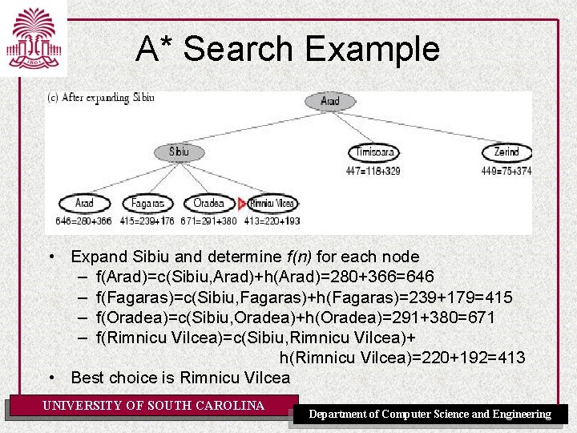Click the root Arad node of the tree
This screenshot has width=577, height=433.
(x=330, y=101)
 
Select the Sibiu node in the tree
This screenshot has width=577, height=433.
(x=180, y=152)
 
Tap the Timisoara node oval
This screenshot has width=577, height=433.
(x=374, y=152)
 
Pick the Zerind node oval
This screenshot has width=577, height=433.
(x=506, y=152)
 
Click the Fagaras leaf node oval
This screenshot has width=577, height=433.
(x=147, y=204)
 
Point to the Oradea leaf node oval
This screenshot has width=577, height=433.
(x=208, y=204)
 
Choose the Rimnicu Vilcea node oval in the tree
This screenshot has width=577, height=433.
(x=271, y=204)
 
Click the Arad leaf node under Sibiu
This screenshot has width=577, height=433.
(x=84, y=204)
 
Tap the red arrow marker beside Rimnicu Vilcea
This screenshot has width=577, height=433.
(x=241, y=204)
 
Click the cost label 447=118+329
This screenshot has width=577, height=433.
(x=374, y=171)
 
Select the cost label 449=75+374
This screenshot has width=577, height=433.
(x=506, y=171)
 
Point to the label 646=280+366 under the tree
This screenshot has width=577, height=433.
(x=84, y=221)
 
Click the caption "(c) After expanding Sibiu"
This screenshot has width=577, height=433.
(x=101, y=98)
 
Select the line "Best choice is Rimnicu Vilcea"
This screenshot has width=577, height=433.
(x=180, y=377)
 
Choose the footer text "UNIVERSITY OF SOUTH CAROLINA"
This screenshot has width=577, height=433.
(x=153, y=406)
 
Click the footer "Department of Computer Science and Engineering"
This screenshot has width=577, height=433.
(x=430, y=415)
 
